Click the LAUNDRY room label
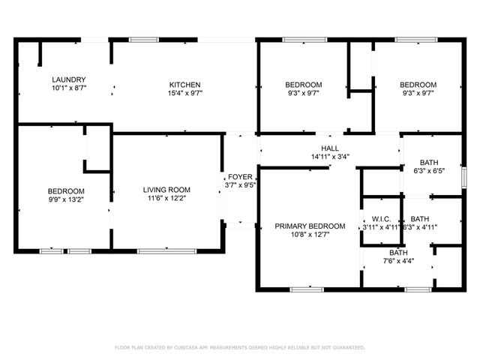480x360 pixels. [x=68, y=79]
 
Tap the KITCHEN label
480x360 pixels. [x=184, y=85]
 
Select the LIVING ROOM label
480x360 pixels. [x=166, y=190]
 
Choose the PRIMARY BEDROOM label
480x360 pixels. [x=310, y=226]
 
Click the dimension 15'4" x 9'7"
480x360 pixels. [x=184, y=94]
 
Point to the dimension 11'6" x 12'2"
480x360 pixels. [x=166, y=199]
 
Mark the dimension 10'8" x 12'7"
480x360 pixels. [x=310, y=235]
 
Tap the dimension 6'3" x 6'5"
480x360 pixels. [x=429, y=171]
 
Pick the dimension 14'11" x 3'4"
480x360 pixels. [x=330, y=157]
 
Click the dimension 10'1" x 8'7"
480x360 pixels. [x=68, y=88]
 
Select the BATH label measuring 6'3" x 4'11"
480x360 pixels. [x=420, y=219]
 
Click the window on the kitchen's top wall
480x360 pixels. [x=142, y=39]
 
